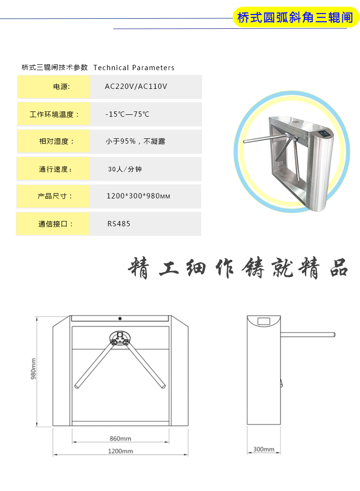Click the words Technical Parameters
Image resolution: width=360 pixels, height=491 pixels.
pos(134,68)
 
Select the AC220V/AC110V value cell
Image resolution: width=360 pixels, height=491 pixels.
pos(136,86)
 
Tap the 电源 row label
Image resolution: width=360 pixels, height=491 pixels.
pos(61,87)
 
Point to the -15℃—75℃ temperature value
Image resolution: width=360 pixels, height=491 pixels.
pos(127,114)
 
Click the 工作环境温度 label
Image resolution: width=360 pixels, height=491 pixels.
pos(54,114)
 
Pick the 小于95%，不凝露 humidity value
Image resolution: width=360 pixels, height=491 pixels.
pos(135,141)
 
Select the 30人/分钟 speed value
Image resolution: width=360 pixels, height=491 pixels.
pos(125,169)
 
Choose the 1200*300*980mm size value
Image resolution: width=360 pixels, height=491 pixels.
pos(138,196)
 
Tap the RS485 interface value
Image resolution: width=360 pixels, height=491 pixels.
pos(119,224)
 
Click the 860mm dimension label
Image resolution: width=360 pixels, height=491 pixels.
pos(120,438)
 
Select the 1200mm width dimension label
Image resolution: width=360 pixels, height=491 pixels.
pos(120,451)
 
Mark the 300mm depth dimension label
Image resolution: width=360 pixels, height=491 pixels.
pos(264,449)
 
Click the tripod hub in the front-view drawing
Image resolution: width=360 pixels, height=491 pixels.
pos(120,337)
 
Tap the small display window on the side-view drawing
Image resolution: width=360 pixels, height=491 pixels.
pos(264,321)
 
